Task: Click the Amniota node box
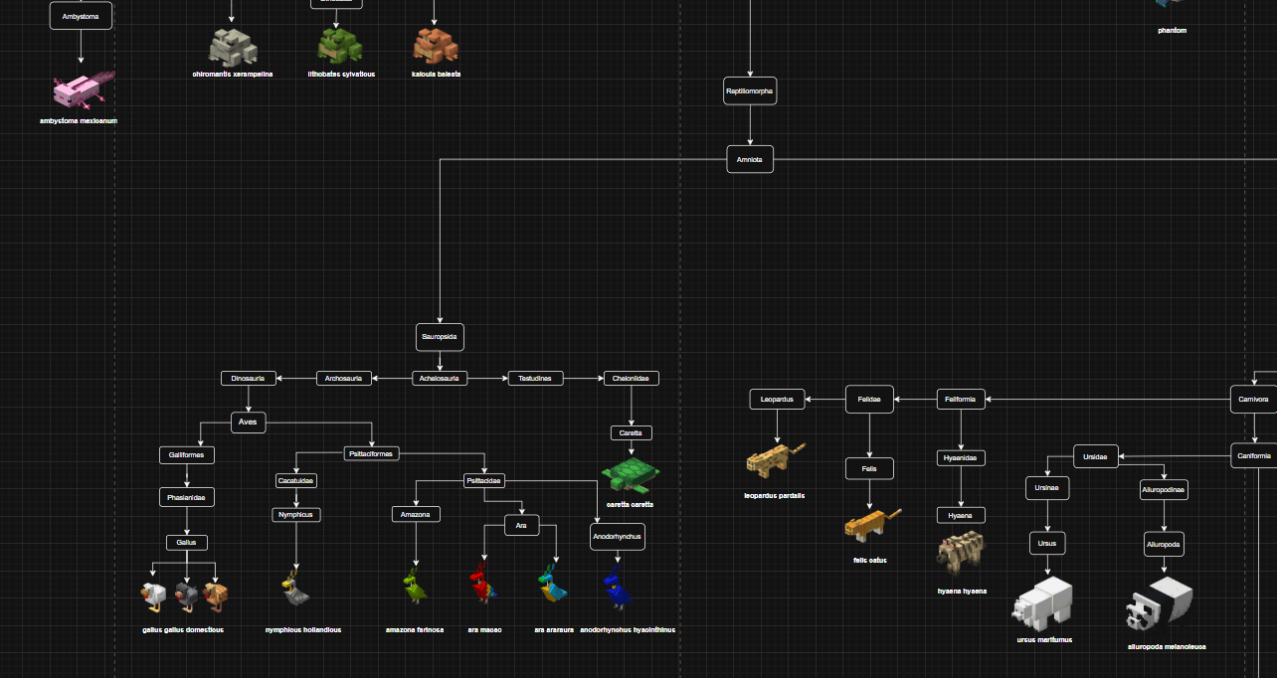(750, 159)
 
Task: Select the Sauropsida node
(440, 337)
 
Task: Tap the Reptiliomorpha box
(750, 91)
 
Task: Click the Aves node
(248, 423)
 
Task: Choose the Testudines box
(536, 378)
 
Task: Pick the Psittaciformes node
(372, 453)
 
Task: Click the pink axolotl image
(83, 90)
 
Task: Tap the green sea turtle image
(630, 474)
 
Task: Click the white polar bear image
(1042, 602)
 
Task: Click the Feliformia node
(961, 400)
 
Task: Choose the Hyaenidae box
(961, 458)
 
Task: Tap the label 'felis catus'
(869, 561)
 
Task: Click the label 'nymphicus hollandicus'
(303, 630)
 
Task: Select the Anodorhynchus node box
(618, 537)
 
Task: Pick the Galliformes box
(187, 455)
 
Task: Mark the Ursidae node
(1096, 457)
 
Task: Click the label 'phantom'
(1172, 31)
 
